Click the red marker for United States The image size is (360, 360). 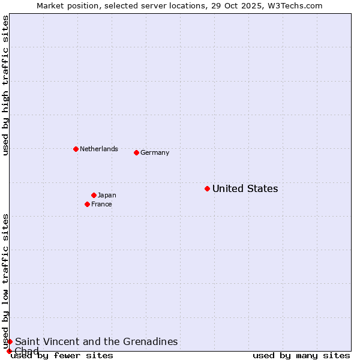[207, 188]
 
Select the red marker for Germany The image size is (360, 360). [136, 152]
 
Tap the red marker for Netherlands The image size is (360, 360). [76, 149]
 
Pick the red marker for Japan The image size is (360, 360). [94, 195]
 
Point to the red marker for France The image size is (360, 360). [87, 204]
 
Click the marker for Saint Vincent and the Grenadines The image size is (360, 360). [10, 341]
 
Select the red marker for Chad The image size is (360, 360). [9, 351]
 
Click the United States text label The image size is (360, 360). [245, 189]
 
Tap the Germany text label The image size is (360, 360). [155, 153]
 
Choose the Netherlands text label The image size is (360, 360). [99, 149]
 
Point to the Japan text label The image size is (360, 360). [107, 195]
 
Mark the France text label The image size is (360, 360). [101, 205]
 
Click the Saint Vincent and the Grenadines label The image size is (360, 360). [96, 342]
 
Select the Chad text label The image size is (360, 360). [26, 351]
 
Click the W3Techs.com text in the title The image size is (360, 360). [293, 5]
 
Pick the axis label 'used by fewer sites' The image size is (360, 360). [62, 356]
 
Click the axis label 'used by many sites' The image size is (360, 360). [301, 356]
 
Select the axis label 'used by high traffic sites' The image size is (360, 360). [5, 85]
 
